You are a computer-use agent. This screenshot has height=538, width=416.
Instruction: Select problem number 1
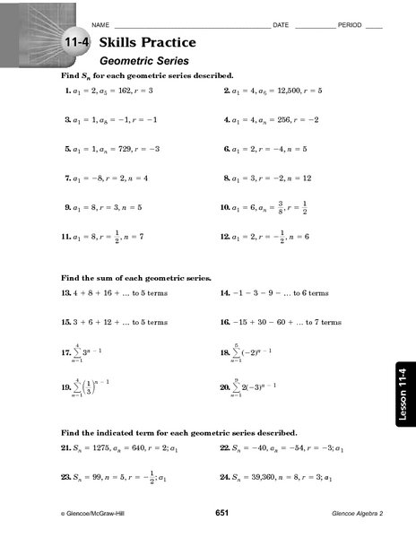click(x=66, y=91)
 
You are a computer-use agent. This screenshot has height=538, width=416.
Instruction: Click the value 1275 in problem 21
click(x=100, y=446)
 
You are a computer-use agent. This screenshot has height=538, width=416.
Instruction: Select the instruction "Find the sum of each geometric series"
click(x=134, y=278)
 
